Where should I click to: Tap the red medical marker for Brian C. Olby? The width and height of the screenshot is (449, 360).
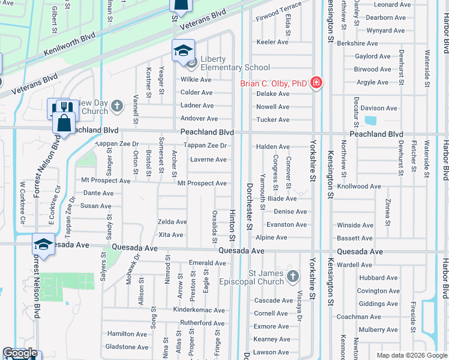316,83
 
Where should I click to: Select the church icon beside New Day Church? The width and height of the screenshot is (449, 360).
116,107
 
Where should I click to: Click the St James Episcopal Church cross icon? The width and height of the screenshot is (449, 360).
292,276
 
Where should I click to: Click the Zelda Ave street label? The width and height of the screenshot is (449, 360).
172,222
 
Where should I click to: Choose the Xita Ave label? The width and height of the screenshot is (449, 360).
170,235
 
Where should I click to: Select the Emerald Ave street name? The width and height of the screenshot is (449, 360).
206,263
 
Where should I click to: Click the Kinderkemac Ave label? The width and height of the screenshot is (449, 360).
199,310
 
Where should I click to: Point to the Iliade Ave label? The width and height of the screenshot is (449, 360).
283,198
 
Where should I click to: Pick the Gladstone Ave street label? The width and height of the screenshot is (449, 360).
127,347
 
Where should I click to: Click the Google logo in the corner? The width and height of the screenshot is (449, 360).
20,353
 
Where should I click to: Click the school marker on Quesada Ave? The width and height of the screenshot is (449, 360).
43,244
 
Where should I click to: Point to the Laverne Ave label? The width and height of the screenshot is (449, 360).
208,160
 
